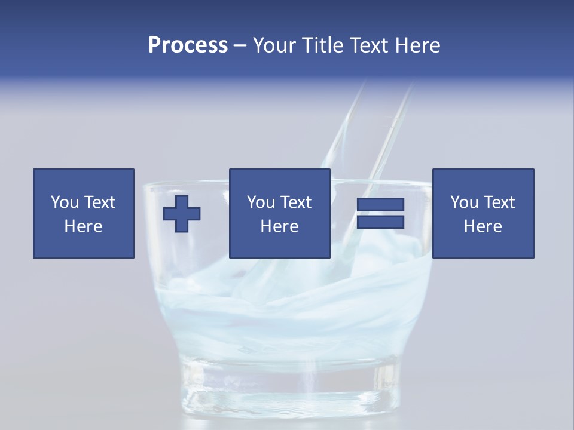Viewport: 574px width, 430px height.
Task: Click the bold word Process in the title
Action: (188, 45)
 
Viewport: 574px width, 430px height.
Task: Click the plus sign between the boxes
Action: (182, 213)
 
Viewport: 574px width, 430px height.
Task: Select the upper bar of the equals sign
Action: (380, 205)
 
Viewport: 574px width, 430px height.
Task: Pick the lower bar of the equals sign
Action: (380, 222)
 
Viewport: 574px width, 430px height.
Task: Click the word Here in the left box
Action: (83, 226)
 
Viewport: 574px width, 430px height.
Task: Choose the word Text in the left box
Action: (99, 202)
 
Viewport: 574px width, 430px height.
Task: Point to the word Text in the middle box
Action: (295, 202)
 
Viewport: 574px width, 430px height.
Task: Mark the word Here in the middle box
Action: (279, 226)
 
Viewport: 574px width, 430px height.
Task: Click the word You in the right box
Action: (464, 202)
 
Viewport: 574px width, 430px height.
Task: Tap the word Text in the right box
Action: (498, 202)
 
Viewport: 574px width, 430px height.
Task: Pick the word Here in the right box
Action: (483, 226)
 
